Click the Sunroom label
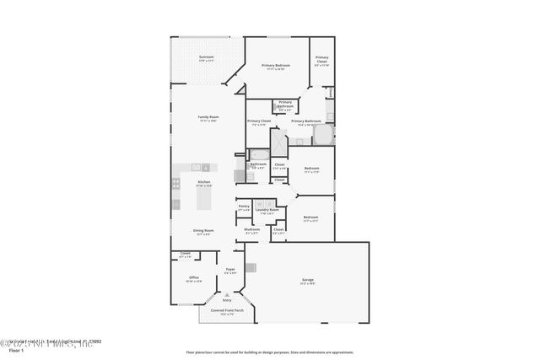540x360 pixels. pyautogui.click(x=195, y=57)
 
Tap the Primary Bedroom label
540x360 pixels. pyautogui.click(x=276, y=65)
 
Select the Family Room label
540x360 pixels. pyautogui.click(x=208, y=116)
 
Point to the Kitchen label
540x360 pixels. pyautogui.click(x=204, y=181)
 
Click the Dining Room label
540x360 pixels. pyautogui.click(x=203, y=230)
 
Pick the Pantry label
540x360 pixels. pyautogui.click(x=244, y=206)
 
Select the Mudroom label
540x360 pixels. pyautogui.click(x=252, y=229)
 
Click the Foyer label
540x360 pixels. pyautogui.click(x=230, y=269)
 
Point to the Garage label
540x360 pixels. pyautogui.click(x=308, y=279)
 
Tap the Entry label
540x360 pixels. pyautogui.click(x=226, y=299)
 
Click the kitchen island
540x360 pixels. pyautogui.click(x=203, y=200)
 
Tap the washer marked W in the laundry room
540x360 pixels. pyautogui.click(x=261, y=202)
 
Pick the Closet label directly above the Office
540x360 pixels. pyautogui.click(x=185, y=253)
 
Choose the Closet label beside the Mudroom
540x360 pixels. pyautogui.click(x=278, y=229)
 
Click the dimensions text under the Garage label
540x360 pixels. pyautogui.click(x=308, y=283)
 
